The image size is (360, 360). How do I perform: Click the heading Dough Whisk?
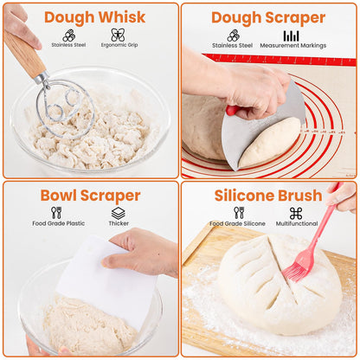coord(94,17)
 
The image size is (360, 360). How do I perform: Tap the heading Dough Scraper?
coord(268,17)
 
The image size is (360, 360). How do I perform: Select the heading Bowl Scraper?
coord(90,196)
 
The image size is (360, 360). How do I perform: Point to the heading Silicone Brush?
coord(268,196)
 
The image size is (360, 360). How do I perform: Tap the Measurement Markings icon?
coord(292,35)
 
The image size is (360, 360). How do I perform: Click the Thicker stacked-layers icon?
coord(118,212)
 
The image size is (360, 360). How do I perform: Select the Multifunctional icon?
coord(296,213)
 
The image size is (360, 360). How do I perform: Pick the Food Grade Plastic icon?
coord(56,212)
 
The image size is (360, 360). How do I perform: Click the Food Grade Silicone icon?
coord(239,212)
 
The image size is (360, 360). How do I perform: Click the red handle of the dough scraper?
coord(232,111)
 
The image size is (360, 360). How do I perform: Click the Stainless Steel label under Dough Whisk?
coord(68,43)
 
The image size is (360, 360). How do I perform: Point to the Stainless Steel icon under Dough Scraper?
coord(233,35)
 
